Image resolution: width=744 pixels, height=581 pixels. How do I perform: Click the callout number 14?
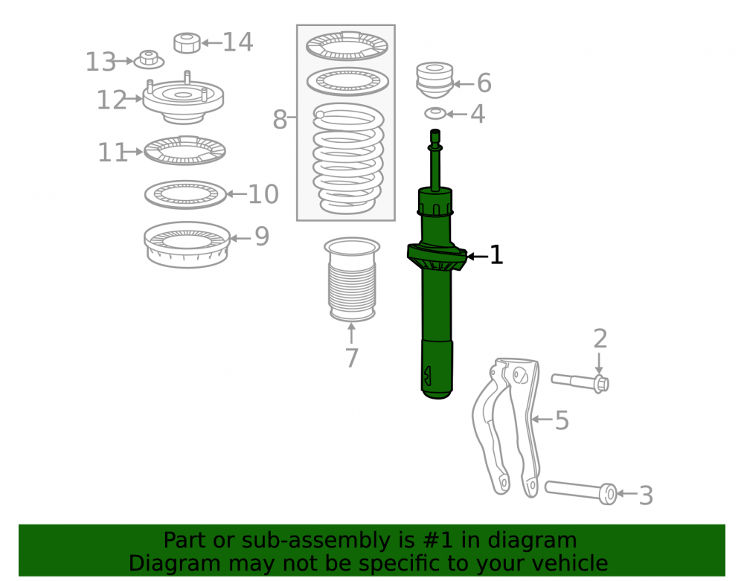pos(238,42)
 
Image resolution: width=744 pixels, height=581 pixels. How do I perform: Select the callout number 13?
pos(100,62)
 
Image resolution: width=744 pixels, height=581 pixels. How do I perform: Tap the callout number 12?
pos(112,100)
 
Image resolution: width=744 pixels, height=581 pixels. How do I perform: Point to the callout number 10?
pos(263,194)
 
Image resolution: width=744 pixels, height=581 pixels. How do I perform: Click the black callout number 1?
pos(496,255)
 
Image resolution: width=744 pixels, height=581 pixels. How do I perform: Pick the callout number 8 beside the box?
pos(280,119)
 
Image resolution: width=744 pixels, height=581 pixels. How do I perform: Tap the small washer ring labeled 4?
pos(435,114)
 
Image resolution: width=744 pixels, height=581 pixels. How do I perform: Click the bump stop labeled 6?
pos(434,80)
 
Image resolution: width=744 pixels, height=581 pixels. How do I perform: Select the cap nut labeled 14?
pos(187,42)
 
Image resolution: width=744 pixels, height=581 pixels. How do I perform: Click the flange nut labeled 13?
pos(149,60)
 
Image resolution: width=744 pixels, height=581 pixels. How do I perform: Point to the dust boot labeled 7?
pos(352,280)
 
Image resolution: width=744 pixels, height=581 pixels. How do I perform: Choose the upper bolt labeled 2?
pos(580,382)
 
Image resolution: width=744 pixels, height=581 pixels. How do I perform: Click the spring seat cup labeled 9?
pos(187,245)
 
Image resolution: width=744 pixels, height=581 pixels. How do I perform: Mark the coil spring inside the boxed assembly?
pos(348,158)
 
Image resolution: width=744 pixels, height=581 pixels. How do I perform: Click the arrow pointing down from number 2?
pos(599,363)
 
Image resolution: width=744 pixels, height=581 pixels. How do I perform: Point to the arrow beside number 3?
pos(626,494)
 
